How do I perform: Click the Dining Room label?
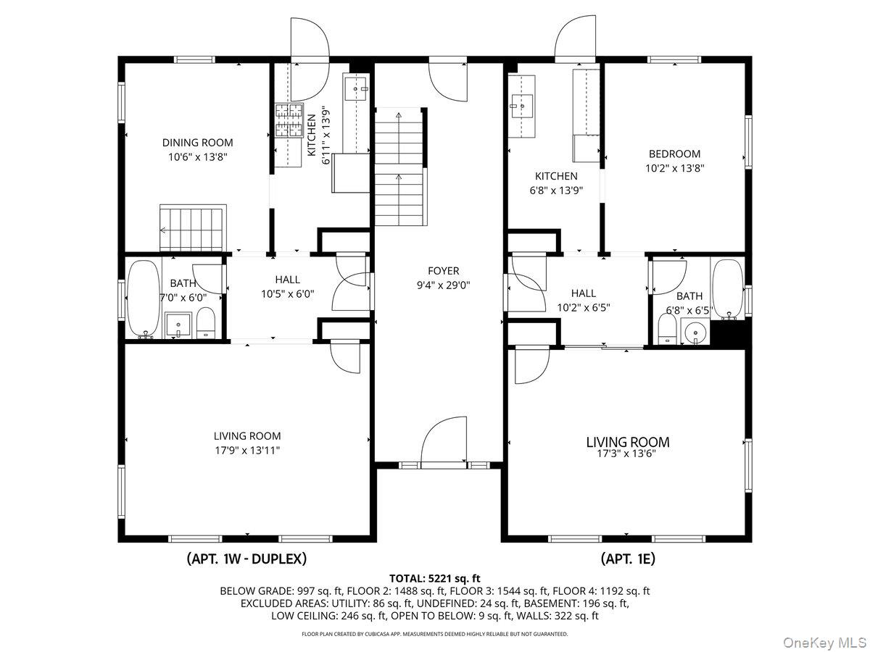tap(197, 143)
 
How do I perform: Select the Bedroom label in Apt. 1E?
tap(674, 154)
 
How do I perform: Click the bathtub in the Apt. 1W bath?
tap(143, 299)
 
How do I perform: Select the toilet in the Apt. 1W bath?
tap(207, 324)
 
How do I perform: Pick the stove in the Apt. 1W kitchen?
tap(288, 121)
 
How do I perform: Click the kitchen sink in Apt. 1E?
tap(521, 106)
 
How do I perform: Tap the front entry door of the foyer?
tap(444, 440)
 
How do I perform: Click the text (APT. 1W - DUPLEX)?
tap(246, 559)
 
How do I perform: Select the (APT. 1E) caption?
tap(628, 559)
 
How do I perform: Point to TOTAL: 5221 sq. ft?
tap(435, 578)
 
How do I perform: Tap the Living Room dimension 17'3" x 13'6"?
tap(627, 454)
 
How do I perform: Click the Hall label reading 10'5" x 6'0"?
tap(287, 293)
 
